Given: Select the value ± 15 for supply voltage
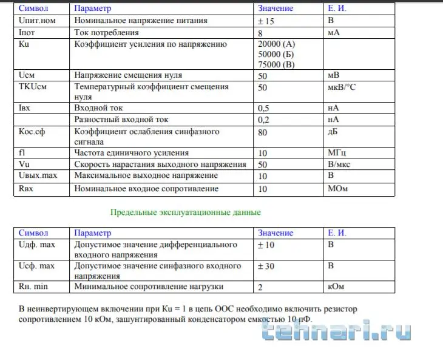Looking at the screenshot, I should pyautogui.click(x=266, y=20).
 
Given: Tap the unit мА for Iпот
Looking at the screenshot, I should pyautogui.click(x=333, y=32).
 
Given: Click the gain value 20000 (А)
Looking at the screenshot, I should pyautogui.click(x=277, y=44).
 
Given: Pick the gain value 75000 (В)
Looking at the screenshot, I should pyautogui.click(x=277, y=64).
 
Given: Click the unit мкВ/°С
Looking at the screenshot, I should pyautogui.click(x=342, y=87).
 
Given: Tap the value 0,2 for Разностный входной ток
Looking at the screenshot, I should pyautogui.click(x=264, y=120).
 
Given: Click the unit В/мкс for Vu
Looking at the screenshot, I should pyautogui.click(x=340, y=164).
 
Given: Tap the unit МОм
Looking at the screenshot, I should pyautogui.click(x=337, y=189).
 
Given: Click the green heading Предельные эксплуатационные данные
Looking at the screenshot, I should pyautogui.click(x=186, y=212).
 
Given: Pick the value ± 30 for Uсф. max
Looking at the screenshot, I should pyautogui.click(x=266, y=266).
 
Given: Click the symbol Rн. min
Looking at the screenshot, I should pyautogui.click(x=33, y=286).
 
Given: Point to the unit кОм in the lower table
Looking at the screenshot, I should pyautogui.click(x=336, y=286).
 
